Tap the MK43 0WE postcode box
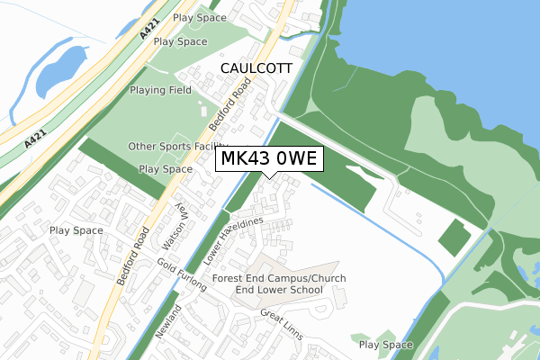point(267,159)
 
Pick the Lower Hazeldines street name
point(231,240)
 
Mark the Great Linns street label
point(282,325)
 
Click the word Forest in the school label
point(231,279)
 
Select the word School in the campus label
point(320,291)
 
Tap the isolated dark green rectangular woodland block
point(454,236)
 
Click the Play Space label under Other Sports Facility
point(166,168)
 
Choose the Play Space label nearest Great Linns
point(385,345)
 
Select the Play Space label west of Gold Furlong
point(76,230)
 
